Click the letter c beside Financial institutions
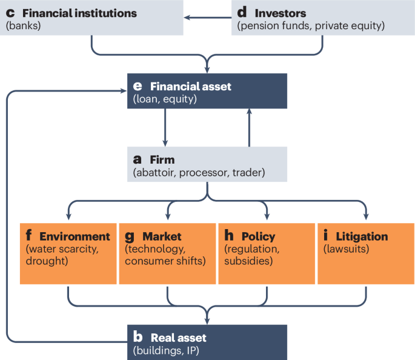pyautogui.click(x=10, y=13)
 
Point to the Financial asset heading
pyautogui.click(x=190, y=87)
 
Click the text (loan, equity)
pyautogui.click(x=165, y=99)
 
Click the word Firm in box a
pyautogui.click(x=162, y=160)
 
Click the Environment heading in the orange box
pyautogui.click(x=75, y=236)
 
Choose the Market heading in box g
pyautogui.click(x=162, y=236)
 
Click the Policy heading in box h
pyautogui.click(x=258, y=236)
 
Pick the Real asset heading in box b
pyautogui.click(x=178, y=338)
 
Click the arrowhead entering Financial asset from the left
pyautogui.click(x=122, y=92)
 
